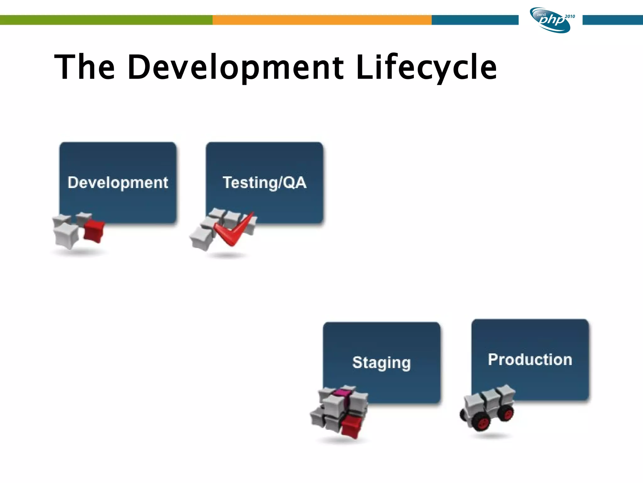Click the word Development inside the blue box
[x=118, y=183]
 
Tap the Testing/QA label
[x=264, y=183]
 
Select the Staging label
[x=381, y=363]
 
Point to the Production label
[x=530, y=359]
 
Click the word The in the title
[x=84, y=67]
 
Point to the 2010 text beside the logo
[x=570, y=16]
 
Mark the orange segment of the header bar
[x=322, y=20]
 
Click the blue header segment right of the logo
[x=612, y=20]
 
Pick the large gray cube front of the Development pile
[x=66, y=236]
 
